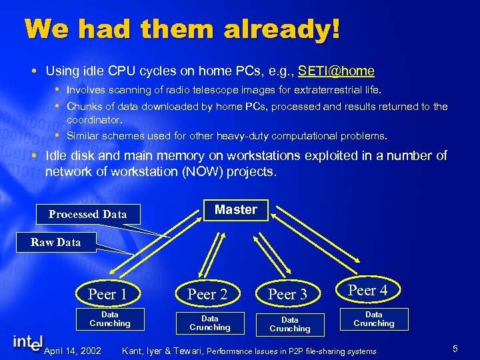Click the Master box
235,210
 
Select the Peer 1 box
107,294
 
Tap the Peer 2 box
207,294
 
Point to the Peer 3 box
287,294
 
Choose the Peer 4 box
367,290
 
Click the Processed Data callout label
87,214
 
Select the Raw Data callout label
55,242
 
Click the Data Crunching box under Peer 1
110,319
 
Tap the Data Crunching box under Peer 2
209,323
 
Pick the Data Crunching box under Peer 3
290,324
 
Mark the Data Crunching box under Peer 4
373,319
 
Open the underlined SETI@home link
336,71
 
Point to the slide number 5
454,349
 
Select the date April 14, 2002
73,351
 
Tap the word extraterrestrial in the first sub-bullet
329,89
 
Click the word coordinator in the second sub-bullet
94,121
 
